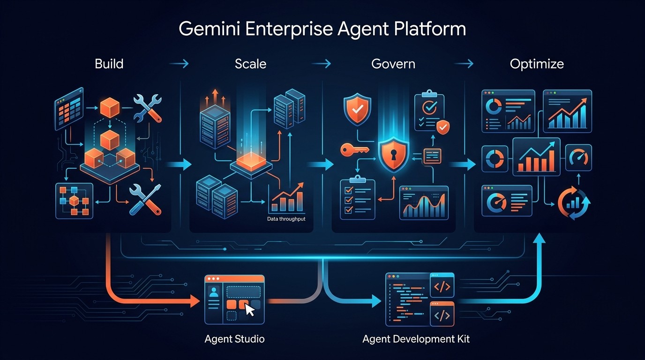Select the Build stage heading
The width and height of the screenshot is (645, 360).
point(109,64)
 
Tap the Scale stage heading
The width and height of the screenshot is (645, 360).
point(250,64)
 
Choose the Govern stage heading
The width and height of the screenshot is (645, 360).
point(393,64)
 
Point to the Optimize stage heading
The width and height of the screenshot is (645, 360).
point(537,64)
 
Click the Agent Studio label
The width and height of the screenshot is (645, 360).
point(234,339)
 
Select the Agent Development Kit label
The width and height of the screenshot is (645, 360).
point(416,339)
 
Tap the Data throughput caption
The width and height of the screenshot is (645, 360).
point(286,219)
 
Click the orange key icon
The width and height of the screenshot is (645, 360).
point(352,150)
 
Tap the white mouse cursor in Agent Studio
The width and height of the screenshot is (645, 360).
point(250,310)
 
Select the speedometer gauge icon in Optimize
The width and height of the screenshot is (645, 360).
point(578,157)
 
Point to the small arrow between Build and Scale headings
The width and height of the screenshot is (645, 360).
point(179,64)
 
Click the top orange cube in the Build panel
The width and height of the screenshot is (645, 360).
point(111,108)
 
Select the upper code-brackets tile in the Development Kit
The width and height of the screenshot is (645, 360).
point(442,287)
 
